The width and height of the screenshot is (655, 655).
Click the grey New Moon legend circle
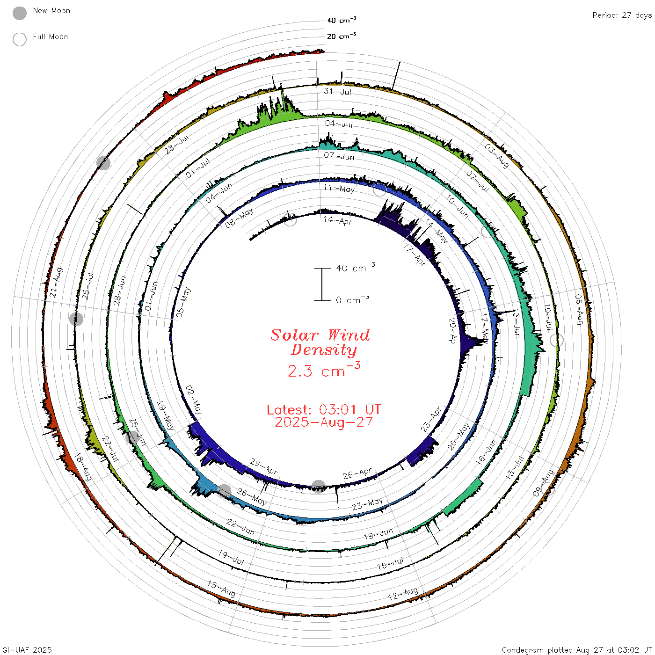[19, 13]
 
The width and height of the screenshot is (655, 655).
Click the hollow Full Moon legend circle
[19, 39]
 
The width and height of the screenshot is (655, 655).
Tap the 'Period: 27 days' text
[622, 15]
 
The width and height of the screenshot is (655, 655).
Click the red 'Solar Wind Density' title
[320, 342]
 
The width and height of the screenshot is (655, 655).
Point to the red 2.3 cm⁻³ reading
[324, 370]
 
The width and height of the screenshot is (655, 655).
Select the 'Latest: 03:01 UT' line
[324, 409]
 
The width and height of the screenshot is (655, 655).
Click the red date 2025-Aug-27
[324, 422]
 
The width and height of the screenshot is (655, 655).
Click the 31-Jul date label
[337, 91]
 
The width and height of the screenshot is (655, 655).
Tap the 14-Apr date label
[337, 220]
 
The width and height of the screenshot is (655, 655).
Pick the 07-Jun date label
[339, 156]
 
